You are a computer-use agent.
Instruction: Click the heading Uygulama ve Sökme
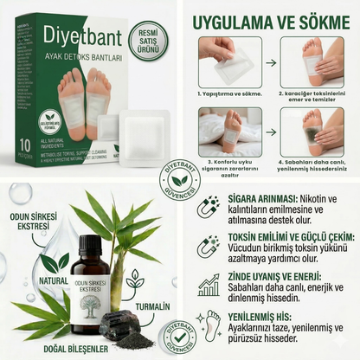270,18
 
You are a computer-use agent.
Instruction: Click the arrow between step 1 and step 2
272,62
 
